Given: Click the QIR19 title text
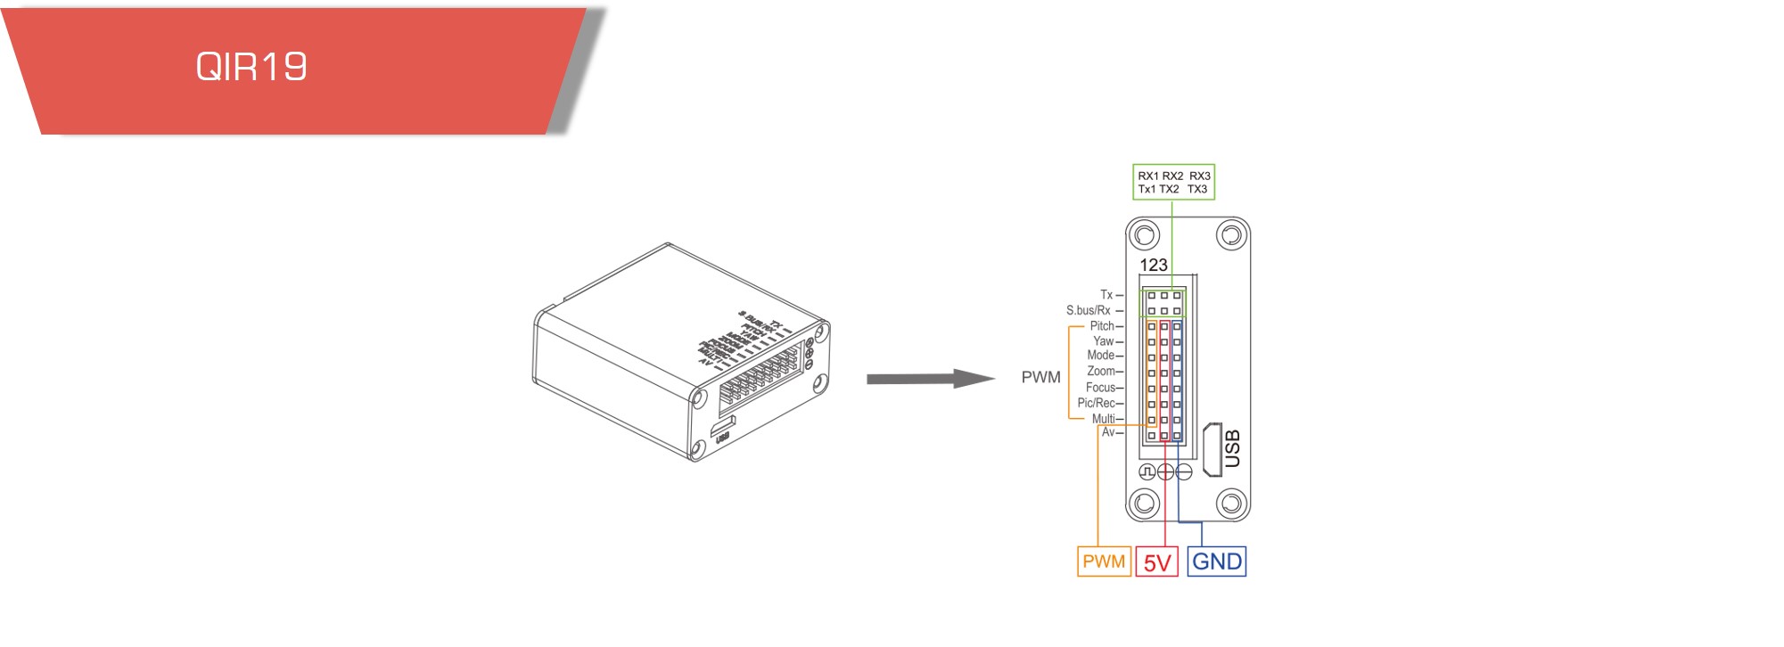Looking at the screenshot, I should click(x=251, y=67).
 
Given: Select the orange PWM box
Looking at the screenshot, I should click(x=1104, y=561).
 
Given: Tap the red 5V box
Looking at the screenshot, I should click(x=1157, y=562).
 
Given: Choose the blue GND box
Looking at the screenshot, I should click(x=1217, y=561).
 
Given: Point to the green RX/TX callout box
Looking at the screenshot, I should click(x=1173, y=182).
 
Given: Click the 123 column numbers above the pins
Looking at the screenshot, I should click(x=1153, y=265).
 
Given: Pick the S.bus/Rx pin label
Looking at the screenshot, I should click(x=1089, y=310).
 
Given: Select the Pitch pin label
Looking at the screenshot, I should click(x=1102, y=326).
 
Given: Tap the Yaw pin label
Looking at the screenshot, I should click(x=1104, y=341).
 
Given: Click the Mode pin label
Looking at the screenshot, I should click(x=1101, y=356).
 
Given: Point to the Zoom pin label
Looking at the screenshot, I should click(x=1101, y=371).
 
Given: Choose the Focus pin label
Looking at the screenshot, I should click(x=1100, y=388).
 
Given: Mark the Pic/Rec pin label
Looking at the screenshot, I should click(x=1096, y=403).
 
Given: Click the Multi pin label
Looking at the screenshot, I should click(x=1103, y=419).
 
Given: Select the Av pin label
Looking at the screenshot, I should click(x=1108, y=432).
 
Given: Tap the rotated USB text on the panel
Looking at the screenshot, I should click(x=1233, y=448).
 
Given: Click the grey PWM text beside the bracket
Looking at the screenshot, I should click(x=1040, y=377).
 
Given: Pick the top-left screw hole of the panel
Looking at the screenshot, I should click(x=1144, y=236).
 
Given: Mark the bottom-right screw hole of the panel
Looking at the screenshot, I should click(x=1231, y=504).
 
